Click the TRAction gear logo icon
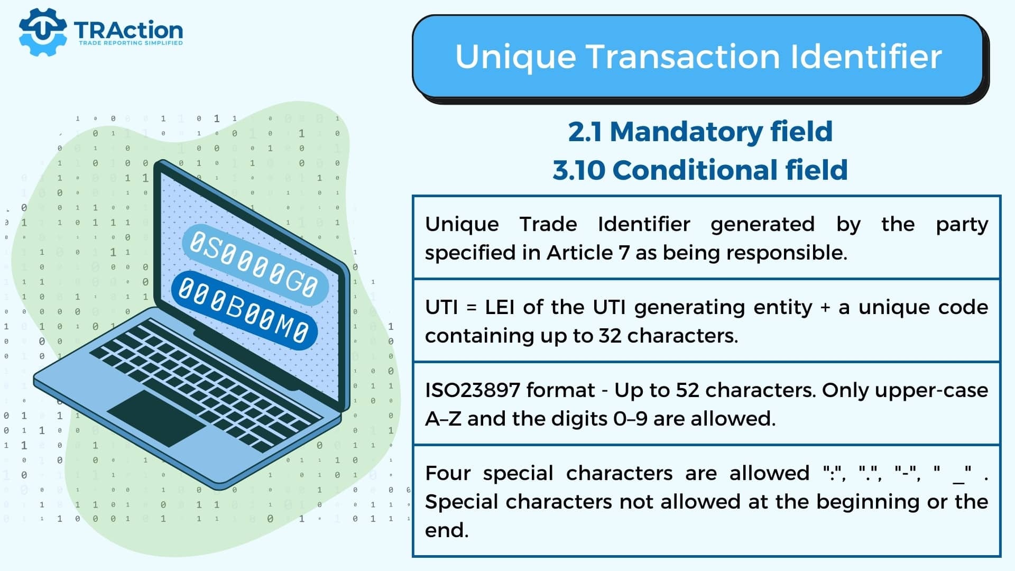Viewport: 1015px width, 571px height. pyautogui.click(x=43, y=32)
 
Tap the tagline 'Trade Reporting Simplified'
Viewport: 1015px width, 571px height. pyautogui.click(x=131, y=43)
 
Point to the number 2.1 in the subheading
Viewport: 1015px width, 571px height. pyautogui.click(x=585, y=132)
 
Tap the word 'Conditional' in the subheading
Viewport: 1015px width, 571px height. pyautogui.click(x=695, y=170)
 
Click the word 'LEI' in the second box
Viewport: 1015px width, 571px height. pyautogui.click(x=499, y=307)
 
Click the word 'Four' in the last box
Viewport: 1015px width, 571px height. pyautogui.click(x=448, y=473)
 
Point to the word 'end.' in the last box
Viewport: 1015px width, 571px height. pyautogui.click(x=447, y=530)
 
